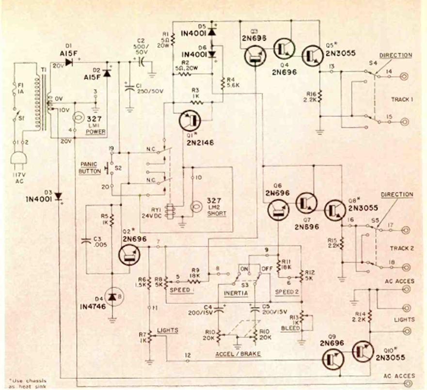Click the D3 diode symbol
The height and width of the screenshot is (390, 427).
point(59,196)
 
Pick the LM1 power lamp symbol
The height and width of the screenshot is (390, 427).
point(78,118)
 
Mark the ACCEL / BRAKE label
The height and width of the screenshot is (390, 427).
point(237,355)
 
